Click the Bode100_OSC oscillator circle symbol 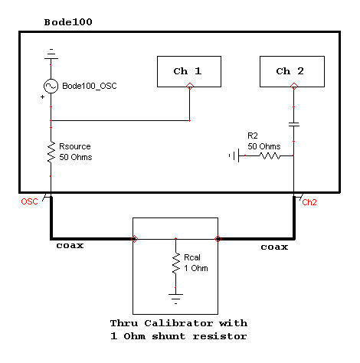51,87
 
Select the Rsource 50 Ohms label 78,152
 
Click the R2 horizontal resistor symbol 271,156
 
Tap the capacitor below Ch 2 294,123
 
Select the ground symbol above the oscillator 51,54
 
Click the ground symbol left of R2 232,156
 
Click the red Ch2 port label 309,203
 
